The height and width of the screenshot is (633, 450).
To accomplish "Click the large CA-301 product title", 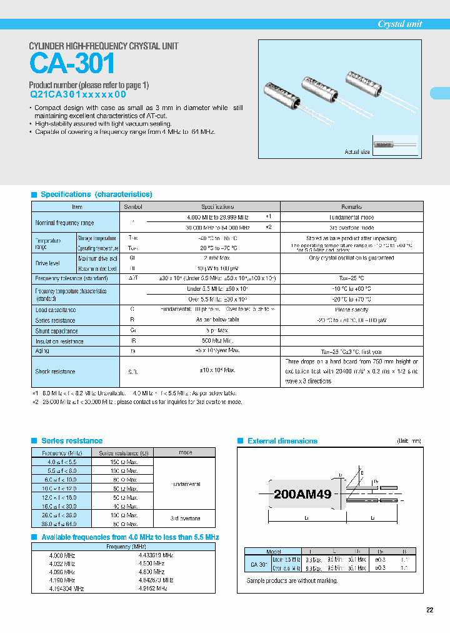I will [72, 64].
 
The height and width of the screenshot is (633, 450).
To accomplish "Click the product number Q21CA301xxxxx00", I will [78, 94].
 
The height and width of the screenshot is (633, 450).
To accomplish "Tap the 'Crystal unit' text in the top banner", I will [399, 24].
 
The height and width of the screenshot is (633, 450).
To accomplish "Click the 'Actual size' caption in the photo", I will [357, 152].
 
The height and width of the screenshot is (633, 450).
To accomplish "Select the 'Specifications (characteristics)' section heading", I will [96, 195].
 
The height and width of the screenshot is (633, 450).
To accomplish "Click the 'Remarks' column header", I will [351, 206].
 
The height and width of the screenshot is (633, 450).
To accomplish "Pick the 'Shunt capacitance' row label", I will [57, 331].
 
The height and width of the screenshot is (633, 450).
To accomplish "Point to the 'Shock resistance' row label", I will [55, 372].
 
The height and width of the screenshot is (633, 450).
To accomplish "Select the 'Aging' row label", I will [42, 352].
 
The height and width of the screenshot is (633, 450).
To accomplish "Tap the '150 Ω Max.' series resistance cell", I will [122, 462].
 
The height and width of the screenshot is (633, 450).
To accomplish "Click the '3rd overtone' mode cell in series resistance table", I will [184, 519].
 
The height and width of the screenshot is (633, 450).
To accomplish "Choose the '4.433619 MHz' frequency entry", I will [156, 555].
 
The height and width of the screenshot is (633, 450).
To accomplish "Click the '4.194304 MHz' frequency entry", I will [66, 589].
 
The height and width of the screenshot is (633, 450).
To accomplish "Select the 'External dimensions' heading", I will [282, 441].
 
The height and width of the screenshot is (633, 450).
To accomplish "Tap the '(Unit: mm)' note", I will [409, 441].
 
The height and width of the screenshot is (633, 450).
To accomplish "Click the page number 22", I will [429, 610].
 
